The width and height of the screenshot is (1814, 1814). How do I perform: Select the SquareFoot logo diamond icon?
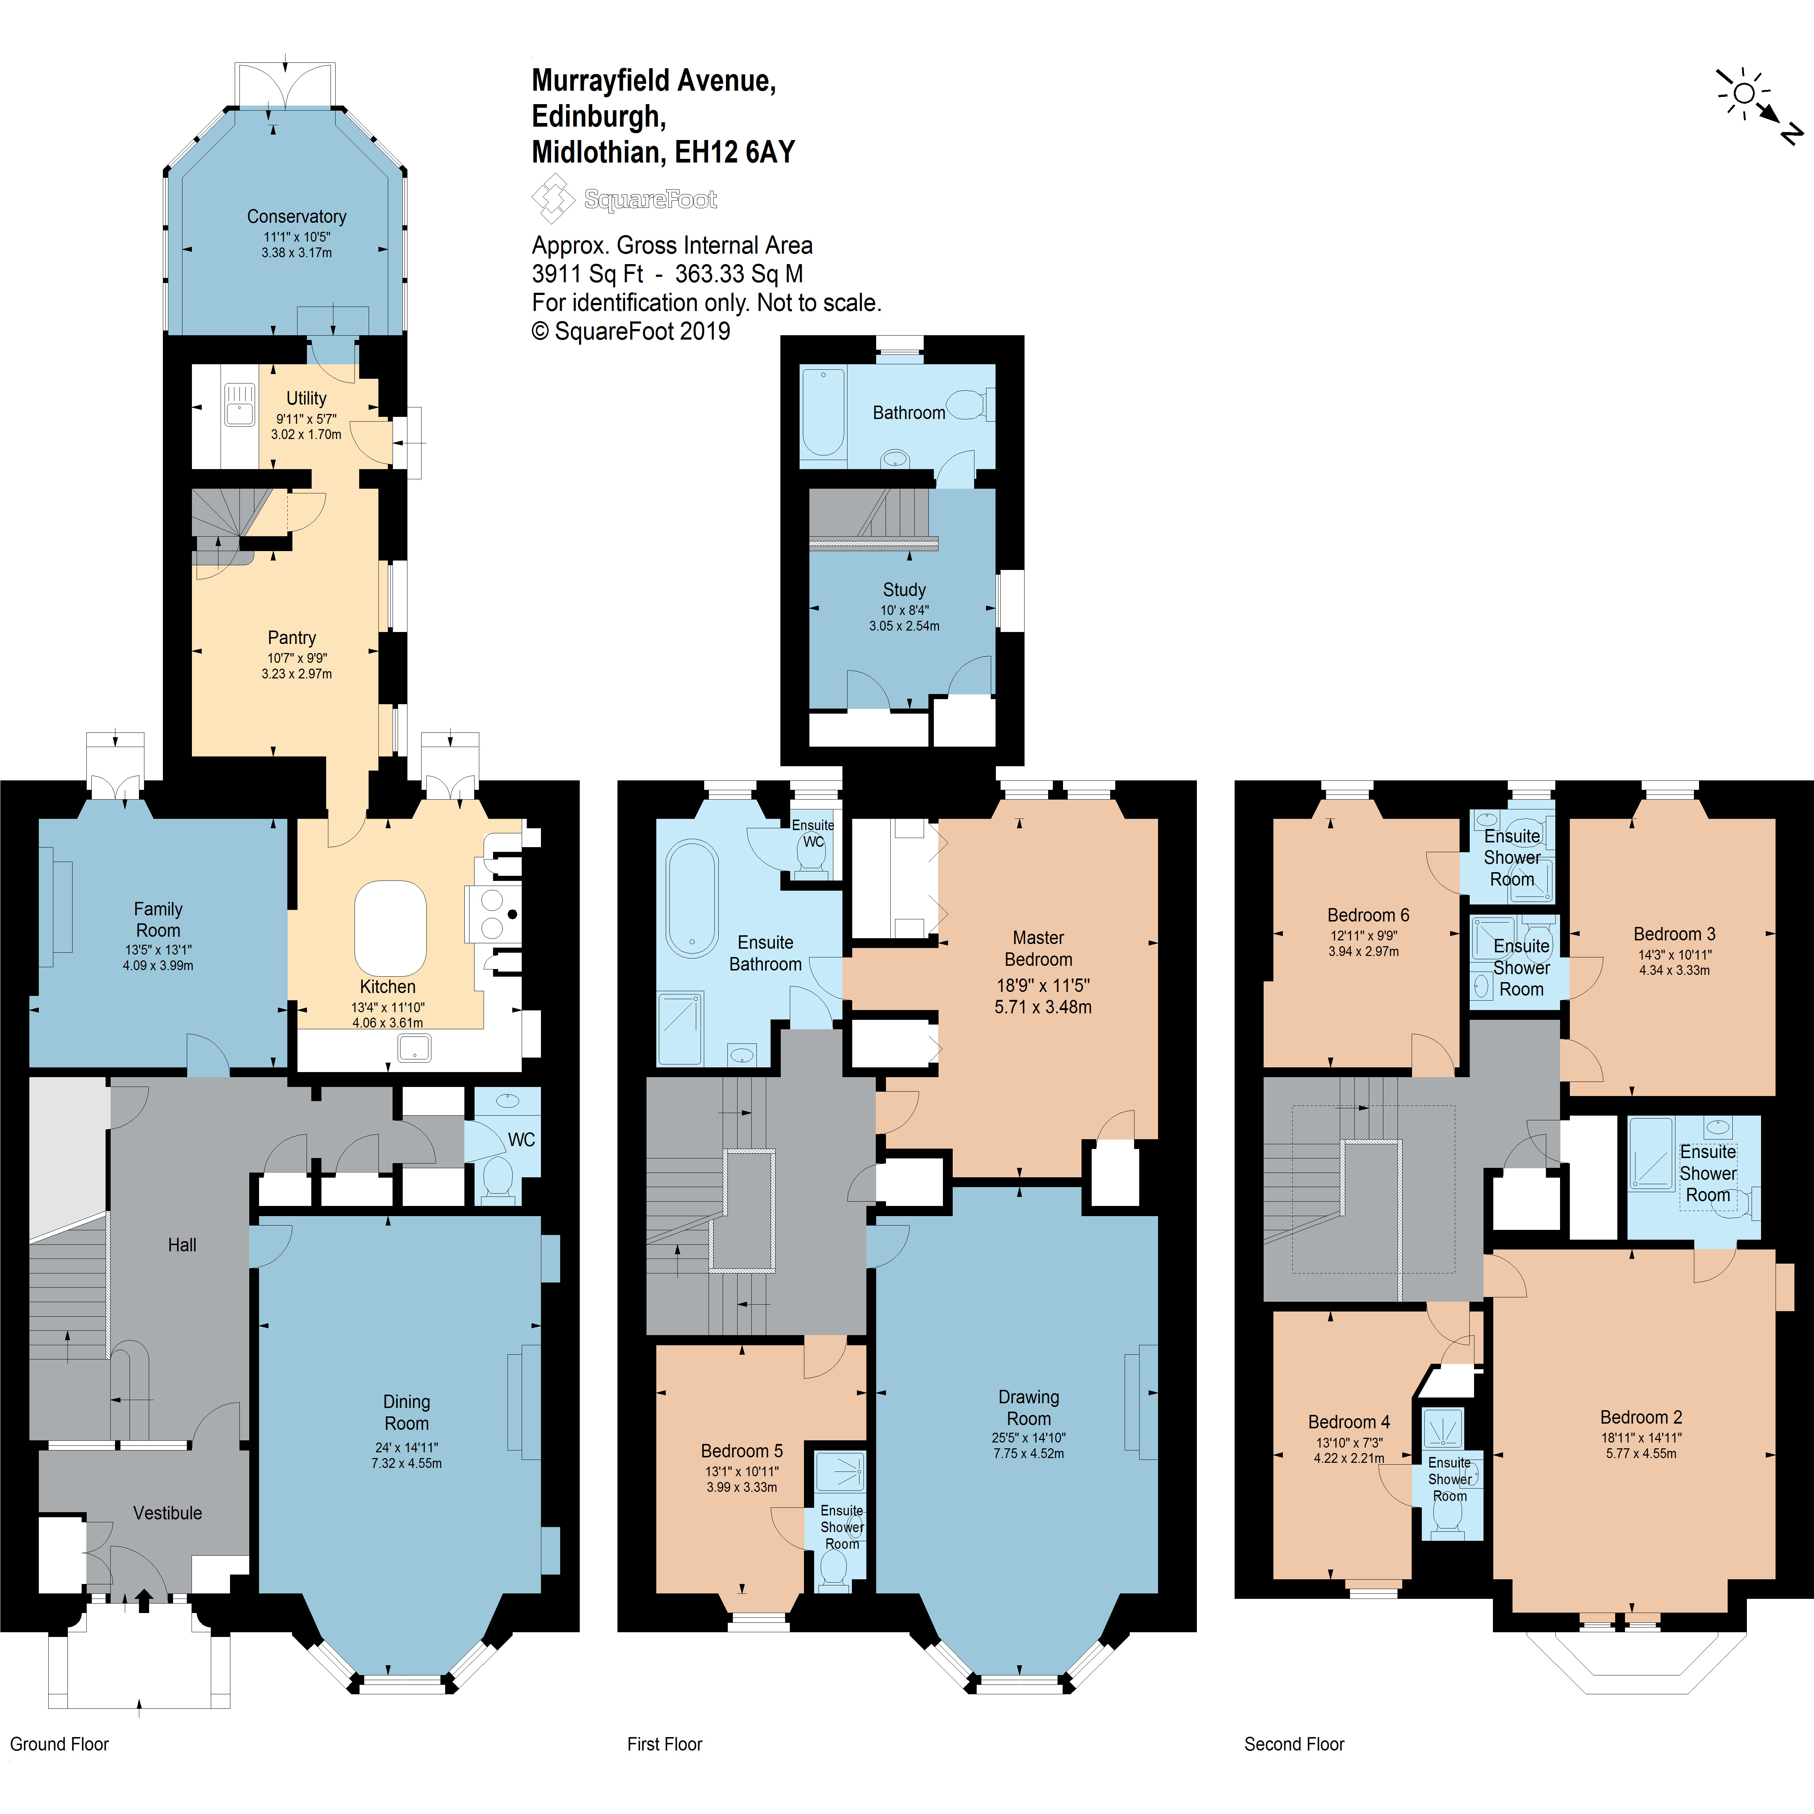[x=553, y=198]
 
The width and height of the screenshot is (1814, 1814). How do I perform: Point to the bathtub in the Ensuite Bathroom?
[x=692, y=899]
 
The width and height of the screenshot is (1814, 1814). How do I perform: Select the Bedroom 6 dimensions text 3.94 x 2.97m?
[x=1363, y=951]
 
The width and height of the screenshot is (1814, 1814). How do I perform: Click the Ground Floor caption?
[x=59, y=1744]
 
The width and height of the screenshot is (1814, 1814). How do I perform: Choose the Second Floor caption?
[x=1294, y=1744]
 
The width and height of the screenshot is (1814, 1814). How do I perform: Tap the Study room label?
[x=904, y=590]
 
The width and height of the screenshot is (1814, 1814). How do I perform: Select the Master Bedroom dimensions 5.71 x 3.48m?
[x=1043, y=1006]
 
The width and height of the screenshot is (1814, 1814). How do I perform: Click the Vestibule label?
[x=167, y=1513]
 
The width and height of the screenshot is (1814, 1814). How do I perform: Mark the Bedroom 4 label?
[x=1349, y=1421]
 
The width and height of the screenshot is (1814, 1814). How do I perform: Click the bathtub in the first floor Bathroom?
[x=824, y=413]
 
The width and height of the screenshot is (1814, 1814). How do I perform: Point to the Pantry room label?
[x=292, y=637]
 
